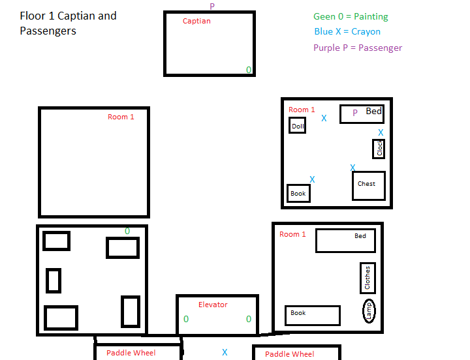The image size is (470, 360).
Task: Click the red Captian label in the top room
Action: [x=196, y=21]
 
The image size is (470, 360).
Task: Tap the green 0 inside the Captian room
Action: [x=249, y=70]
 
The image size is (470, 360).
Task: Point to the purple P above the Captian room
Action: [x=212, y=6]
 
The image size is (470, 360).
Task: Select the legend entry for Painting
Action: [x=351, y=16]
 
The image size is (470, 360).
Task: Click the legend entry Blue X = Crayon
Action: [x=347, y=31]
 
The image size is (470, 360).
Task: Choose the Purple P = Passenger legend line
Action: [x=358, y=48]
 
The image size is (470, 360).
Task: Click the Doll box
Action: [x=298, y=125]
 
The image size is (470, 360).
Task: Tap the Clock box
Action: [x=379, y=149]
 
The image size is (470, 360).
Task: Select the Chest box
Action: [x=369, y=186]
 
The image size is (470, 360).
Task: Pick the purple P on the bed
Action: [x=355, y=113]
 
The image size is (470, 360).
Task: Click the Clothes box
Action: [x=368, y=278]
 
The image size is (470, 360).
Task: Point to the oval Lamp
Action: [x=369, y=311]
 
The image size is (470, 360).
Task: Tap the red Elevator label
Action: [x=213, y=305]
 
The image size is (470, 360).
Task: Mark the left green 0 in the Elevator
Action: [x=186, y=319]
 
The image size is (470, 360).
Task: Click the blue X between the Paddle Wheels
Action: [x=225, y=352]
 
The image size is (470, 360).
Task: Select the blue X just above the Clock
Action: [x=381, y=132]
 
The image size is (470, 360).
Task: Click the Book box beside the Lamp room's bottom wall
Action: [x=313, y=316]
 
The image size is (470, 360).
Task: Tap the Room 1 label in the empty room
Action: [x=121, y=117]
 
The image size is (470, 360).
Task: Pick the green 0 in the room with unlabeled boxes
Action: [x=127, y=231]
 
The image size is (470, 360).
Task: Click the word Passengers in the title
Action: [x=48, y=31]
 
